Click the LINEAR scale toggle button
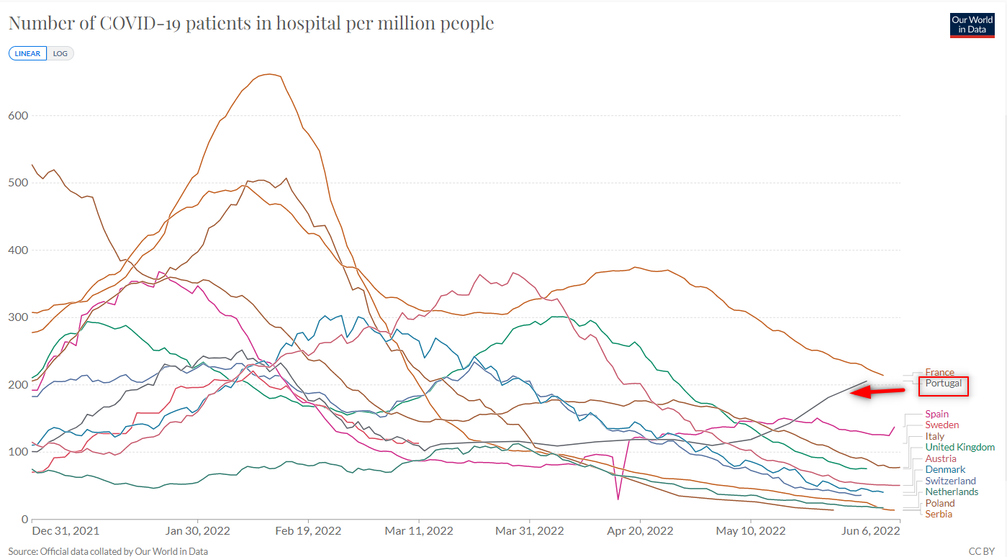point(27,54)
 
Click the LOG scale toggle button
point(60,54)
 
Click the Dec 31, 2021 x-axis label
point(66,531)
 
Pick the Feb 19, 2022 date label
point(308,531)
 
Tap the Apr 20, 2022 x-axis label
point(640,531)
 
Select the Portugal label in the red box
point(943,384)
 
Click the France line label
point(939,372)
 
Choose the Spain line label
point(937,414)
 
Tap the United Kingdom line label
point(959,447)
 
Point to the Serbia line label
point(939,514)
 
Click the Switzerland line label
point(950,481)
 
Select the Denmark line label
point(945,469)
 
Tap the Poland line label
point(940,503)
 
